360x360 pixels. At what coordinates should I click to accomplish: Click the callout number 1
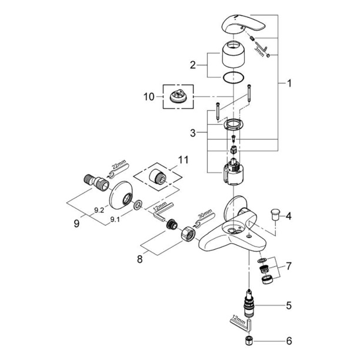pyautogui.click(x=289, y=83)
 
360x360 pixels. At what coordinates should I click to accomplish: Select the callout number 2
pyautogui.click(x=192, y=65)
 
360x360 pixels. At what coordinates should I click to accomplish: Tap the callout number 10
pyautogui.click(x=149, y=96)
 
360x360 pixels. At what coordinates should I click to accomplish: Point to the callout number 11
pyautogui.click(x=183, y=160)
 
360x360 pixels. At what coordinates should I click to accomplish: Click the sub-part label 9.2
pyautogui.click(x=99, y=210)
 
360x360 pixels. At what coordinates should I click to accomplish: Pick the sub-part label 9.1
pyautogui.click(x=115, y=219)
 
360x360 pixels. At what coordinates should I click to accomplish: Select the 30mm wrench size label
pyautogui.click(x=205, y=214)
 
